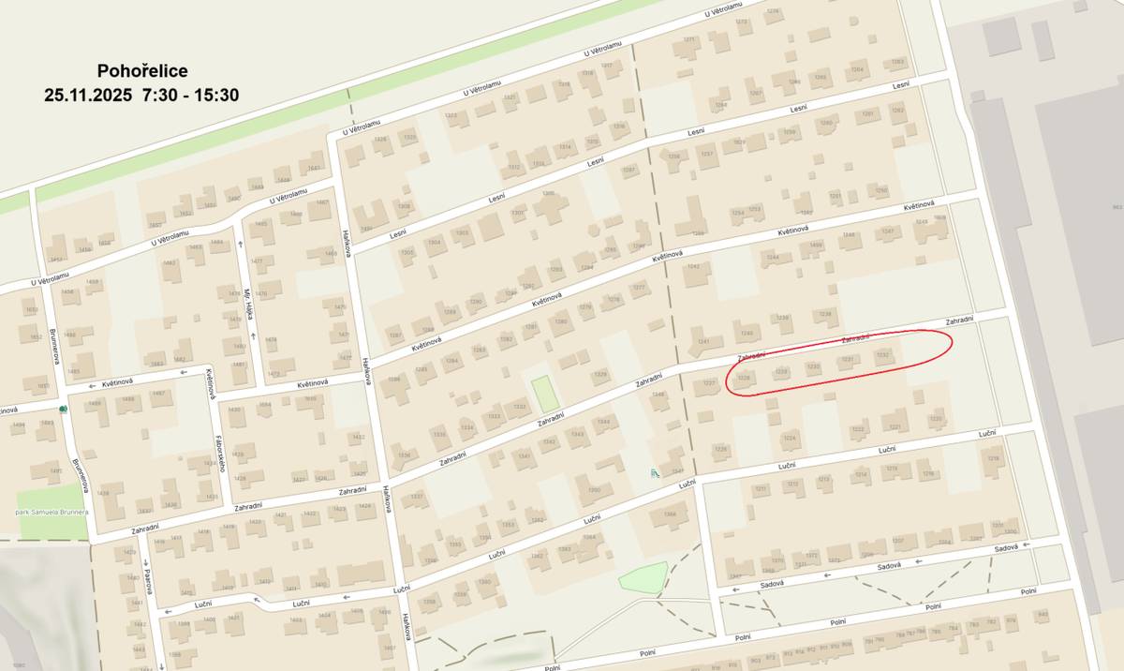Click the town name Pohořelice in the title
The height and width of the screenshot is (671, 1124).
[142, 71]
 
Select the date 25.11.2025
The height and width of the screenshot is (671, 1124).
[89, 95]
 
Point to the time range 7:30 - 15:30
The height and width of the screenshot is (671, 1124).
[191, 95]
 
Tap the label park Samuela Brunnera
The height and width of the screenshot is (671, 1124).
[52, 514]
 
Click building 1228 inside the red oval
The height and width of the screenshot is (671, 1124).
[745, 379]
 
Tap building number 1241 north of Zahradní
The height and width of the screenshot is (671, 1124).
[704, 341]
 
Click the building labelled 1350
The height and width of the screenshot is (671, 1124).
[594, 490]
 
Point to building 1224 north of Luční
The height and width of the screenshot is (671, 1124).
[790, 438]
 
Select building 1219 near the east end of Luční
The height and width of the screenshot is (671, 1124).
[993, 458]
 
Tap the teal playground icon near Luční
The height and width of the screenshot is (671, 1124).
[655, 474]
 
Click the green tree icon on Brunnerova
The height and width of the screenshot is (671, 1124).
[63, 410]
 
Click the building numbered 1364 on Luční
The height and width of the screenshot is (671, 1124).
[589, 538]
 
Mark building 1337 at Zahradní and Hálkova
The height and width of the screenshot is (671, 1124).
[417, 496]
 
